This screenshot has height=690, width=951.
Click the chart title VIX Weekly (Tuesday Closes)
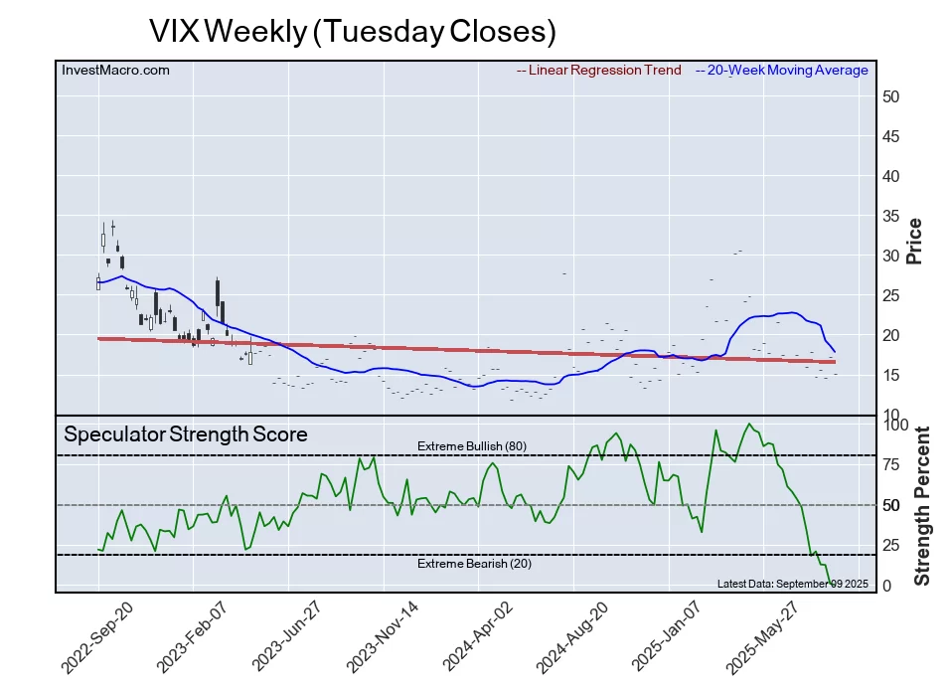click(352, 30)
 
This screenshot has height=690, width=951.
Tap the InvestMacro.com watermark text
click(115, 71)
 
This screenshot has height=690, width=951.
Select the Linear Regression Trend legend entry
click(599, 71)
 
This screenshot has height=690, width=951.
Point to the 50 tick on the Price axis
click(891, 96)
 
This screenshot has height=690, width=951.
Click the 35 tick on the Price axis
click(891, 216)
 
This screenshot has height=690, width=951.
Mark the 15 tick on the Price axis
click(891, 375)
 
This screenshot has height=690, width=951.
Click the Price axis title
click(915, 241)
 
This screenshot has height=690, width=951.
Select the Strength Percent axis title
click(922, 505)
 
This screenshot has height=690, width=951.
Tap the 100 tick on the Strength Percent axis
click(896, 425)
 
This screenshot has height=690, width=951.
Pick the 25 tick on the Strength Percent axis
click(892, 545)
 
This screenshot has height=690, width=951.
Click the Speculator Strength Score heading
click(186, 434)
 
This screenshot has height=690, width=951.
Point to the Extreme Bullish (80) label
click(471, 446)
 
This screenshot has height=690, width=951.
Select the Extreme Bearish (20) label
click(471, 564)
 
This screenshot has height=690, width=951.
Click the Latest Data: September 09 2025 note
click(792, 583)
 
